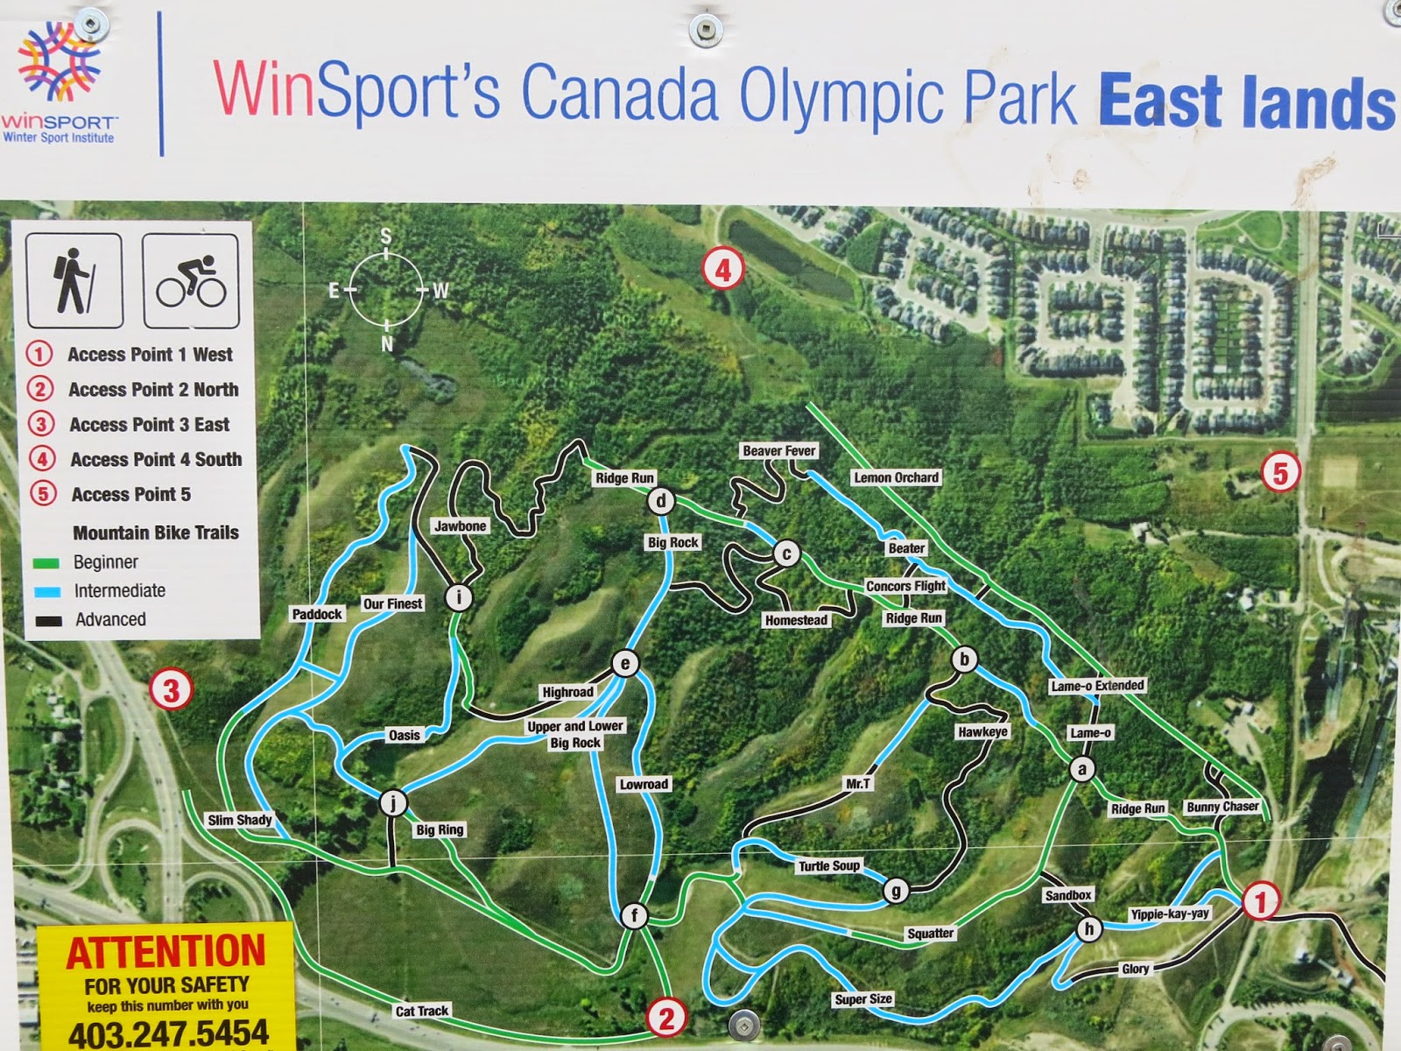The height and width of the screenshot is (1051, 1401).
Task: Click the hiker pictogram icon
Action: pyautogui.click(x=74, y=280)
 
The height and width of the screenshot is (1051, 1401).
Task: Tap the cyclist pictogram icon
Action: pyautogui.click(x=191, y=280)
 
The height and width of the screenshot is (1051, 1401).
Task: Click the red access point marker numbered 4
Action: pyautogui.click(x=723, y=269)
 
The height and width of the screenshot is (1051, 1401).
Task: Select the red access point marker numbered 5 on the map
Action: pyautogui.click(x=1280, y=473)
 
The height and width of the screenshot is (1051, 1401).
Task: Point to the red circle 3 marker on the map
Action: pyautogui.click(x=171, y=690)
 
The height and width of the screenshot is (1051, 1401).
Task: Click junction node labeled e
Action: pyautogui.click(x=625, y=663)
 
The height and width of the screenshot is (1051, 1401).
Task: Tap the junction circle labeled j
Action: pyautogui.click(x=393, y=802)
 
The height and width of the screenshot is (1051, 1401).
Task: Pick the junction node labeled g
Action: pyautogui.click(x=895, y=891)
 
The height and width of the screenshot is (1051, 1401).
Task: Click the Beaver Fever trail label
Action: pyautogui.click(x=778, y=450)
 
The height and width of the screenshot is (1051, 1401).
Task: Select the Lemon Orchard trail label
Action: pyautogui.click(x=896, y=477)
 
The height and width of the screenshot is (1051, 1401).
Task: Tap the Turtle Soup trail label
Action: pyautogui.click(x=828, y=865)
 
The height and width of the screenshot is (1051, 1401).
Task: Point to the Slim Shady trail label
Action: pyautogui.click(x=239, y=820)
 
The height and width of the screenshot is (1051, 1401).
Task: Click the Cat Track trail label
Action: pyautogui.click(x=421, y=1011)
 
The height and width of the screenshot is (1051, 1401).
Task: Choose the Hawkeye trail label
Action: pyautogui.click(x=982, y=731)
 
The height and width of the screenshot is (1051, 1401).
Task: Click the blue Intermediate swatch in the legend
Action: pyautogui.click(x=47, y=591)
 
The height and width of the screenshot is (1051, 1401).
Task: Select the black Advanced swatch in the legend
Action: pyautogui.click(x=47, y=620)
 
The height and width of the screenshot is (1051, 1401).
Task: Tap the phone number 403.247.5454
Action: pyautogui.click(x=168, y=1033)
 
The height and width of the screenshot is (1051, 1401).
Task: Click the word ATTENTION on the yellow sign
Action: pyautogui.click(x=165, y=952)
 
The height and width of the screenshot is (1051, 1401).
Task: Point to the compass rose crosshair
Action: pyautogui.click(x=386, y=289)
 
